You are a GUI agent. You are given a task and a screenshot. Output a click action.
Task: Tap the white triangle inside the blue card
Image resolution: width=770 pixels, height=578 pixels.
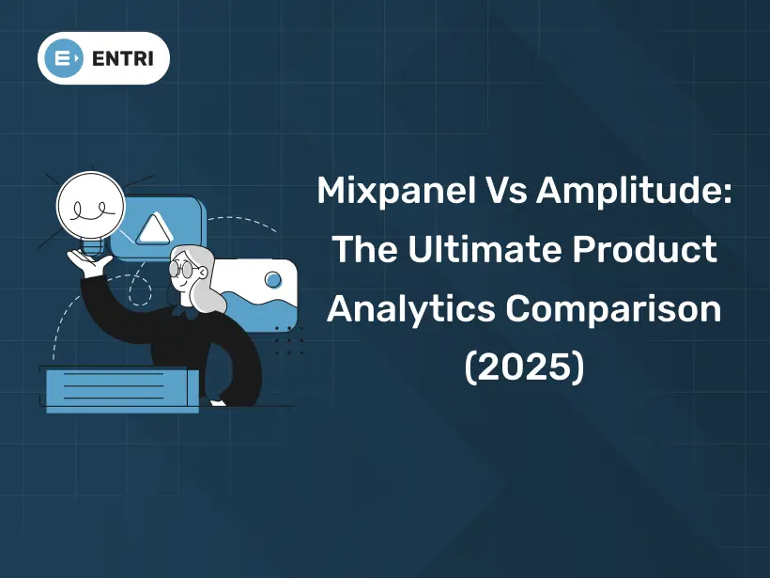click(x=151, y=228)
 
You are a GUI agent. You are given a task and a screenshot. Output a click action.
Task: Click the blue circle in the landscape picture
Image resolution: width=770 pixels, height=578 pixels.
click(x=272, y=279)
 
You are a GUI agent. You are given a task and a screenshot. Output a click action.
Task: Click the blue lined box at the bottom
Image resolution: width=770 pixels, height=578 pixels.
click(x=120, y=387)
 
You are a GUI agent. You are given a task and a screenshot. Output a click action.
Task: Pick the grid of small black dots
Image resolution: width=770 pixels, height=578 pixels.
click(x=288, y=340)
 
